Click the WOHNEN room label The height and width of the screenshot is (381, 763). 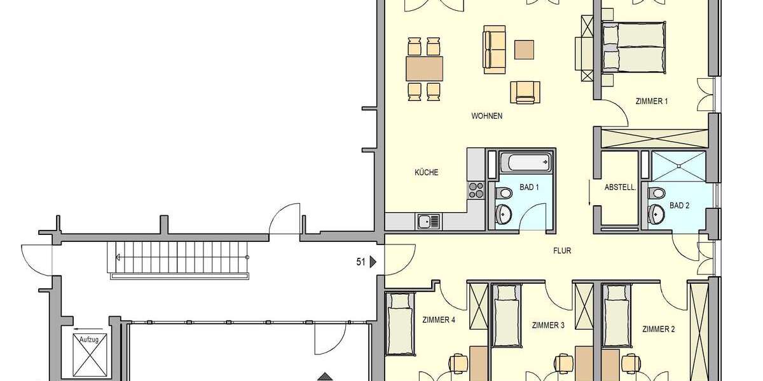click(487, 116)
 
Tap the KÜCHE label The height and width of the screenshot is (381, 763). click(427, 172)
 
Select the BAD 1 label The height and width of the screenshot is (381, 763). click(529, 187)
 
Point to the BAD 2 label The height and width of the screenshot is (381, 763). click(679, 205)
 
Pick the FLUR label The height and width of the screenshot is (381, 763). click(562, 251)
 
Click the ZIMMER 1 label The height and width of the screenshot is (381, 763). click(652, 101)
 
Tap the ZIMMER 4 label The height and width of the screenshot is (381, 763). click(439, 320)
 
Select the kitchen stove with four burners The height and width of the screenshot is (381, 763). click(476, 189)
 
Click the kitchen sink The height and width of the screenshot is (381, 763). click(428, 222)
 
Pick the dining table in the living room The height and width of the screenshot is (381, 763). click(425, 67)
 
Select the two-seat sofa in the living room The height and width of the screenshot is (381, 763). click(494, 48)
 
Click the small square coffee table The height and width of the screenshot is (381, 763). click(525, 49)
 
